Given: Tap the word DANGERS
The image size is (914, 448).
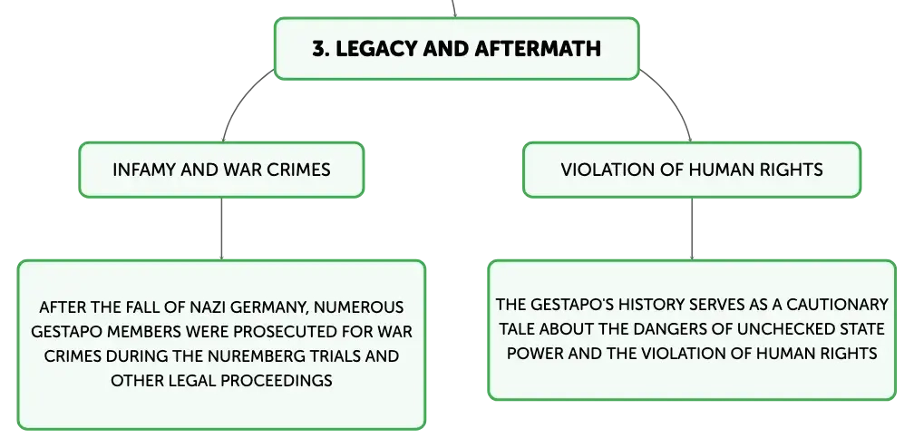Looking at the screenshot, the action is point(670,329).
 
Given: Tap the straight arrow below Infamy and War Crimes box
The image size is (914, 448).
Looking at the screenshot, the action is point(221,229).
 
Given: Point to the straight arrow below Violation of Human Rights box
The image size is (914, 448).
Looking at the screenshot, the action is point(692,229).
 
